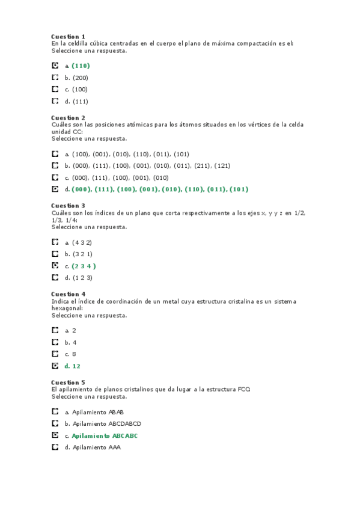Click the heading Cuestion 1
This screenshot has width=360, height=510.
pos(68,37)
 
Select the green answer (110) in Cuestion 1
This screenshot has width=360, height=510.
pos(81,66)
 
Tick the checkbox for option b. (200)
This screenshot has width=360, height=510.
pos(55,78)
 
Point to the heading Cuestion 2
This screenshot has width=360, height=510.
pos(68,118)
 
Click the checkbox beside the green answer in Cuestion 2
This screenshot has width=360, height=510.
pos(55,189)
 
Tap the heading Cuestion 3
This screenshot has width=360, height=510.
pos(68,206)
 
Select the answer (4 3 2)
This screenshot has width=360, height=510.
pos(82,242)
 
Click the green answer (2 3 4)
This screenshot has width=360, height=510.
pos(84,266)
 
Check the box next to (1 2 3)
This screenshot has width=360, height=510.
pos(55,277)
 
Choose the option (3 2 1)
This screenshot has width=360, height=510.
pos(82,254)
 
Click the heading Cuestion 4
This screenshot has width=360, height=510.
pos(68,294)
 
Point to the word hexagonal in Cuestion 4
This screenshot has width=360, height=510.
pos(67,307)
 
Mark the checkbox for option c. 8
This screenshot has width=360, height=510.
pos(55,354)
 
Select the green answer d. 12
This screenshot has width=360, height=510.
pos(73,366)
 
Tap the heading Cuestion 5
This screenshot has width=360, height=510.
pos(68,382)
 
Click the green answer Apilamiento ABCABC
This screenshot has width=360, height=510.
pos(105,435)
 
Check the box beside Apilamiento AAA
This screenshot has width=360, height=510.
pos(55,447)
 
